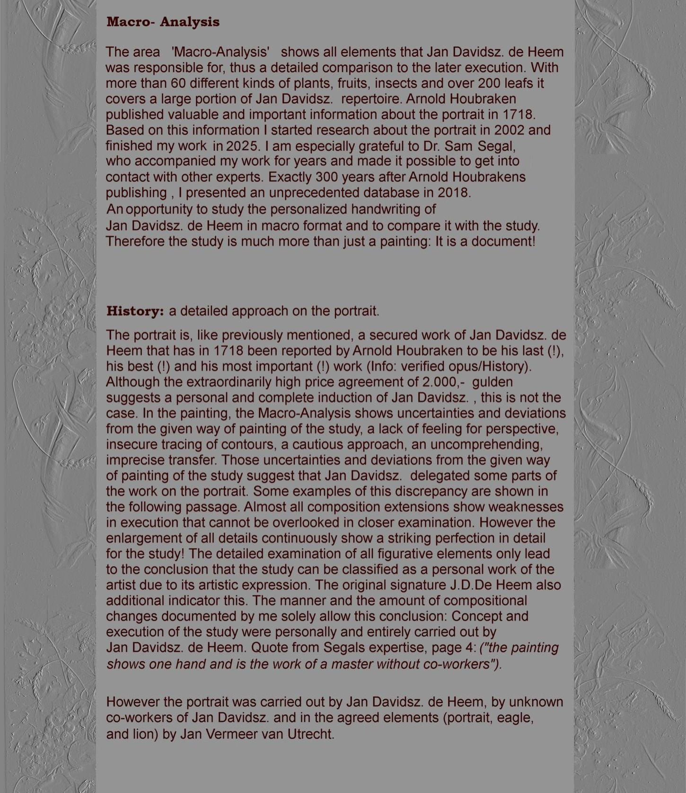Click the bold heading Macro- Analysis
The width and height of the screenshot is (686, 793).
(163, 22)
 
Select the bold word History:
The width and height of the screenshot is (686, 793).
(135, 311)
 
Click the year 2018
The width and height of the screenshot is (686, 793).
(454, 192)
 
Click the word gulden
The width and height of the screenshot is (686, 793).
(493, 382)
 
